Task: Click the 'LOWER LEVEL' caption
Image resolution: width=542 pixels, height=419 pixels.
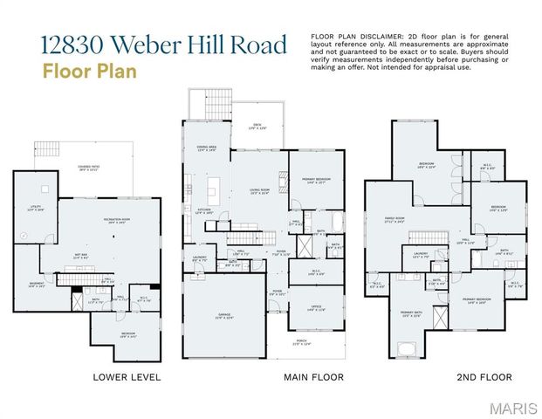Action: click(x=126, y=377)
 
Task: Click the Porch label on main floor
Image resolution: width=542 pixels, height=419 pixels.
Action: click(x=301, y=343)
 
